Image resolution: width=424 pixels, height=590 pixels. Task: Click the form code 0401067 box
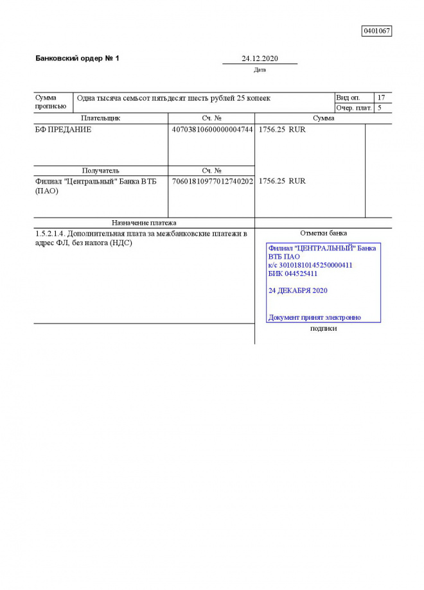coord(376,31)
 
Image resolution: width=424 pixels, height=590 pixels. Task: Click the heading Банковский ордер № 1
coord(77,58)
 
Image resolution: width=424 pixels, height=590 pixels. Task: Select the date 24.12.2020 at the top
coord(260,58)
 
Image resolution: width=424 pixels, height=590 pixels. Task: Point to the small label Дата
coord(260,70)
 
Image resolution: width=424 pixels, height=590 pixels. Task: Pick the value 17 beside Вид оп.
coord(382,98)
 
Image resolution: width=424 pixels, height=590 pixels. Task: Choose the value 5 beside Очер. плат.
coord(380,108)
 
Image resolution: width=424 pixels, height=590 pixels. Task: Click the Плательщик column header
coord(100,118)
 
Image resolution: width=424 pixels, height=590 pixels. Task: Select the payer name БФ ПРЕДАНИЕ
coord(63,130)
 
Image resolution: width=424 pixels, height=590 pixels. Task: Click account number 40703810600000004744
coord(212,130)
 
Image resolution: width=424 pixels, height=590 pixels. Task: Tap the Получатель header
coord(100,171)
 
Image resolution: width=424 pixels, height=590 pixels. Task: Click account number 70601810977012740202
coord(212,181)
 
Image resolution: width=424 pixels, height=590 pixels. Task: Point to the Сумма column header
coord(323,118)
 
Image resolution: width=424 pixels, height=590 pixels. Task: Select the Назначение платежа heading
coord(144,223)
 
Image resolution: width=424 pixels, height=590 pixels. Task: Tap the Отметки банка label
coord(323,233)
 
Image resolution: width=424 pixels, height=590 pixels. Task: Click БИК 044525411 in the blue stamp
coord(293,273)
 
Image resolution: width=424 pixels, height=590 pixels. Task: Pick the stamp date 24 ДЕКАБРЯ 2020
coord(298,291)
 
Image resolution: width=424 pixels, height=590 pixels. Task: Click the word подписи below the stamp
coord(323,328)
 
